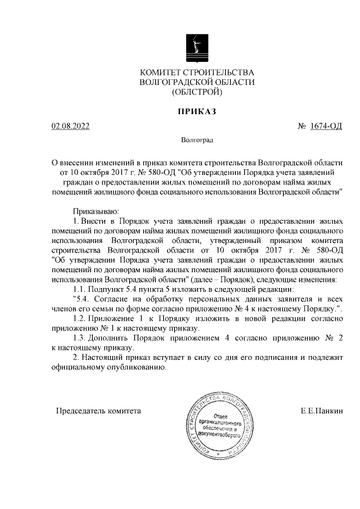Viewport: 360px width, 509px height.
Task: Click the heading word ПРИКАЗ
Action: point(197,111)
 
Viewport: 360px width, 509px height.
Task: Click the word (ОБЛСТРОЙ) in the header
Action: point(197,92)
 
